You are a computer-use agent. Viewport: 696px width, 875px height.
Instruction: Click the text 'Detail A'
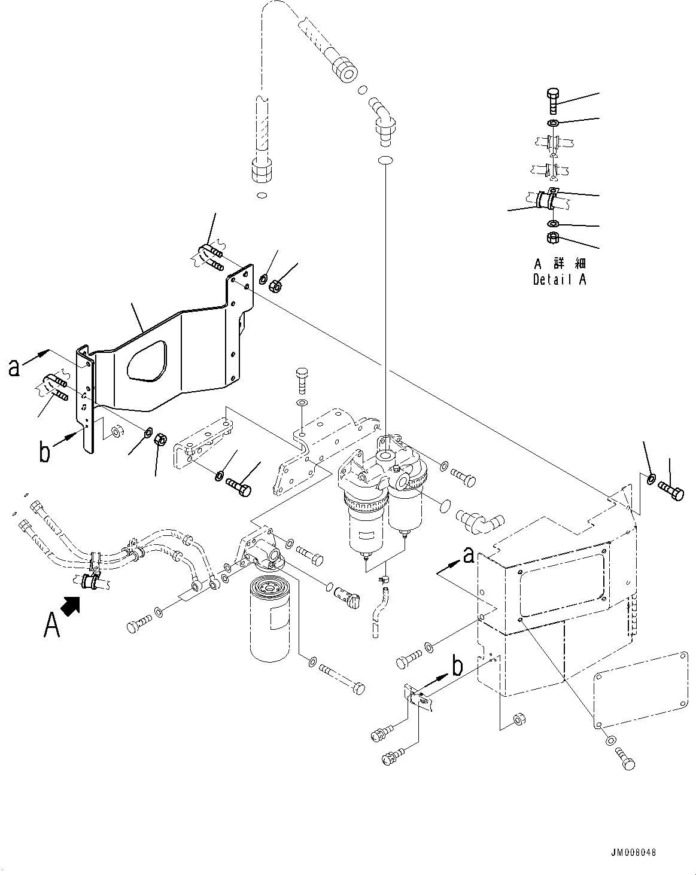point(560,280)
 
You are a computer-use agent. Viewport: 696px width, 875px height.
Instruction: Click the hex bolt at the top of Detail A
point(553,101)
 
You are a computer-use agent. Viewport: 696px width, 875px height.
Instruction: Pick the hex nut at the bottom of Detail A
point(553,238)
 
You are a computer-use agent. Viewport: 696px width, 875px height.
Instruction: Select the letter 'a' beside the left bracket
point(14,368)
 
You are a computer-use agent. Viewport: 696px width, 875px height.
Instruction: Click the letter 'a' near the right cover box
point(469,555)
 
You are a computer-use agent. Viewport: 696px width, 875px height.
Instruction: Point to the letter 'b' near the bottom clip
point(458,667)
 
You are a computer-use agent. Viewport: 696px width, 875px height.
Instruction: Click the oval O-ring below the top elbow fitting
point(385,160)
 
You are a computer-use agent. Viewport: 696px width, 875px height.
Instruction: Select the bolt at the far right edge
point(671,491)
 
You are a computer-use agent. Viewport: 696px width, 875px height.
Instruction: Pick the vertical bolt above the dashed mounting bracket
point(302,380)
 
